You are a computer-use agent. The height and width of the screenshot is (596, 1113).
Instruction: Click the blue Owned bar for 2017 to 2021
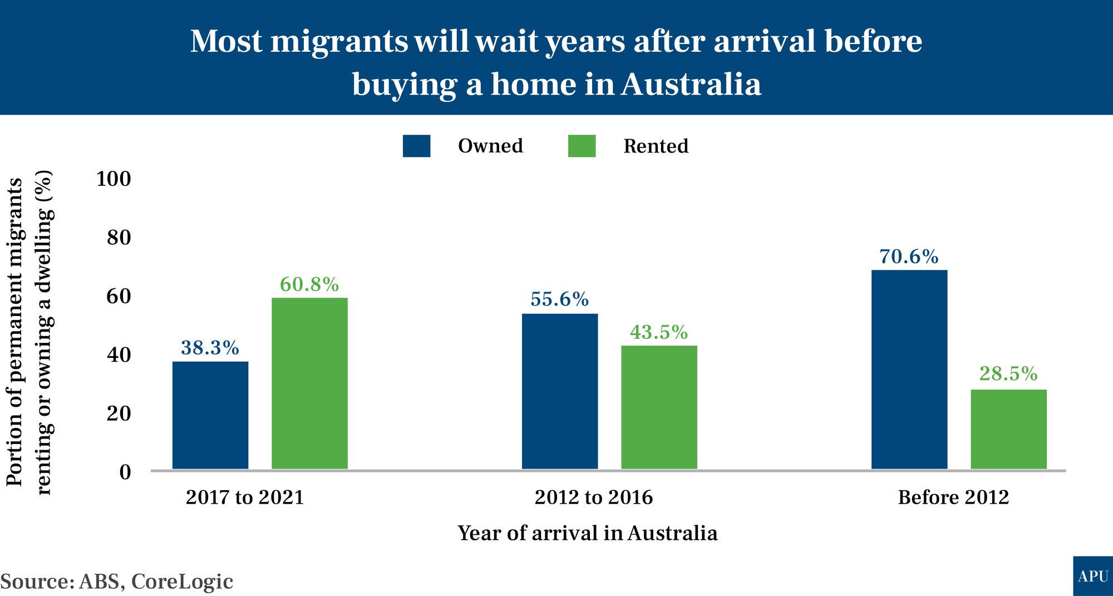point(210,415)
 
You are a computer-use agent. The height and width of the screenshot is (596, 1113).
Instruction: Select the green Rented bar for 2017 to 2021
point(309,383)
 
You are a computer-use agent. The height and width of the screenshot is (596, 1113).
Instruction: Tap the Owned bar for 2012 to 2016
point(560,391)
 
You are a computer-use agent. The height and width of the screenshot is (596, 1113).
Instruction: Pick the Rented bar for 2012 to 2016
point(659,407)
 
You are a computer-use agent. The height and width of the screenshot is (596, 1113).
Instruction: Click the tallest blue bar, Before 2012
point(909,370)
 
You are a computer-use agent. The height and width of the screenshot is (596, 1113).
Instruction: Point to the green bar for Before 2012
point(1008,429)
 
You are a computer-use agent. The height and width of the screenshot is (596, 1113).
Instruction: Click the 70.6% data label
point(909,257)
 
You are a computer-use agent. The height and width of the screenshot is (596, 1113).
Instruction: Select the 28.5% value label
point(1008,373)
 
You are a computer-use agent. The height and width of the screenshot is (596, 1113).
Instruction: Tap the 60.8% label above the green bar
point(309,284)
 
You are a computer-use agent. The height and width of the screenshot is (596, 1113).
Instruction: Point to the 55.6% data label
point(560,299)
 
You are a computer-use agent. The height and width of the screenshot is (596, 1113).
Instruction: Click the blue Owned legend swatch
point(416,146)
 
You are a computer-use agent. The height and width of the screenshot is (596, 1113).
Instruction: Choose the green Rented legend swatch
point(582,146)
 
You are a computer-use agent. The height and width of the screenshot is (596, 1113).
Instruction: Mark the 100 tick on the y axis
point(114,179)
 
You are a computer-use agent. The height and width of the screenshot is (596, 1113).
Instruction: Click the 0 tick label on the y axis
point(126,472)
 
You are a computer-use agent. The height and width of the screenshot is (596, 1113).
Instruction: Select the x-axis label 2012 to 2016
point(594,497)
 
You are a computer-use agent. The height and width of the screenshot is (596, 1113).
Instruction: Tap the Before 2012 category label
point(953,497)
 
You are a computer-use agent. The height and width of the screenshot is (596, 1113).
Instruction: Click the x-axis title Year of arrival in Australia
point(588,533)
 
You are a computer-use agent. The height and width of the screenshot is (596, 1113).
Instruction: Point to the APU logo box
point(1093,576)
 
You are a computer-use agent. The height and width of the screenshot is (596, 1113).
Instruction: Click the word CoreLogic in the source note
point(183,582)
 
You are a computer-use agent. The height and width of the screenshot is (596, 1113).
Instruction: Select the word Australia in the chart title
point(691,85)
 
